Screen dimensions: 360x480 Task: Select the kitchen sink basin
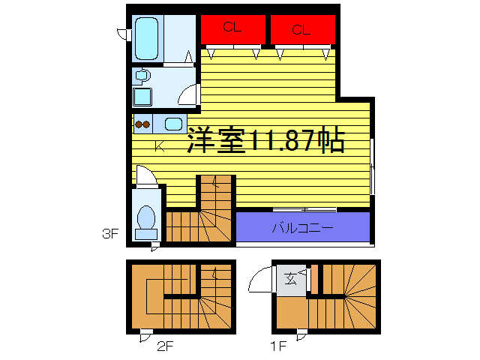(x=175, y=124)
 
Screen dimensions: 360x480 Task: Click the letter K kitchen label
(x=159, y=146)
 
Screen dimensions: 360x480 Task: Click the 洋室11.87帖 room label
(x=265, y=141)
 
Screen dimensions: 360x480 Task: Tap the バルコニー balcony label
(x=302, y=227)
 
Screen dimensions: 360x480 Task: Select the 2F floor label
(x=165, y=346)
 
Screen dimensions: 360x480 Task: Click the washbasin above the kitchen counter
(x=141, y=76)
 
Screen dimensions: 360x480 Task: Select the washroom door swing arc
(x=189, y=96)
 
